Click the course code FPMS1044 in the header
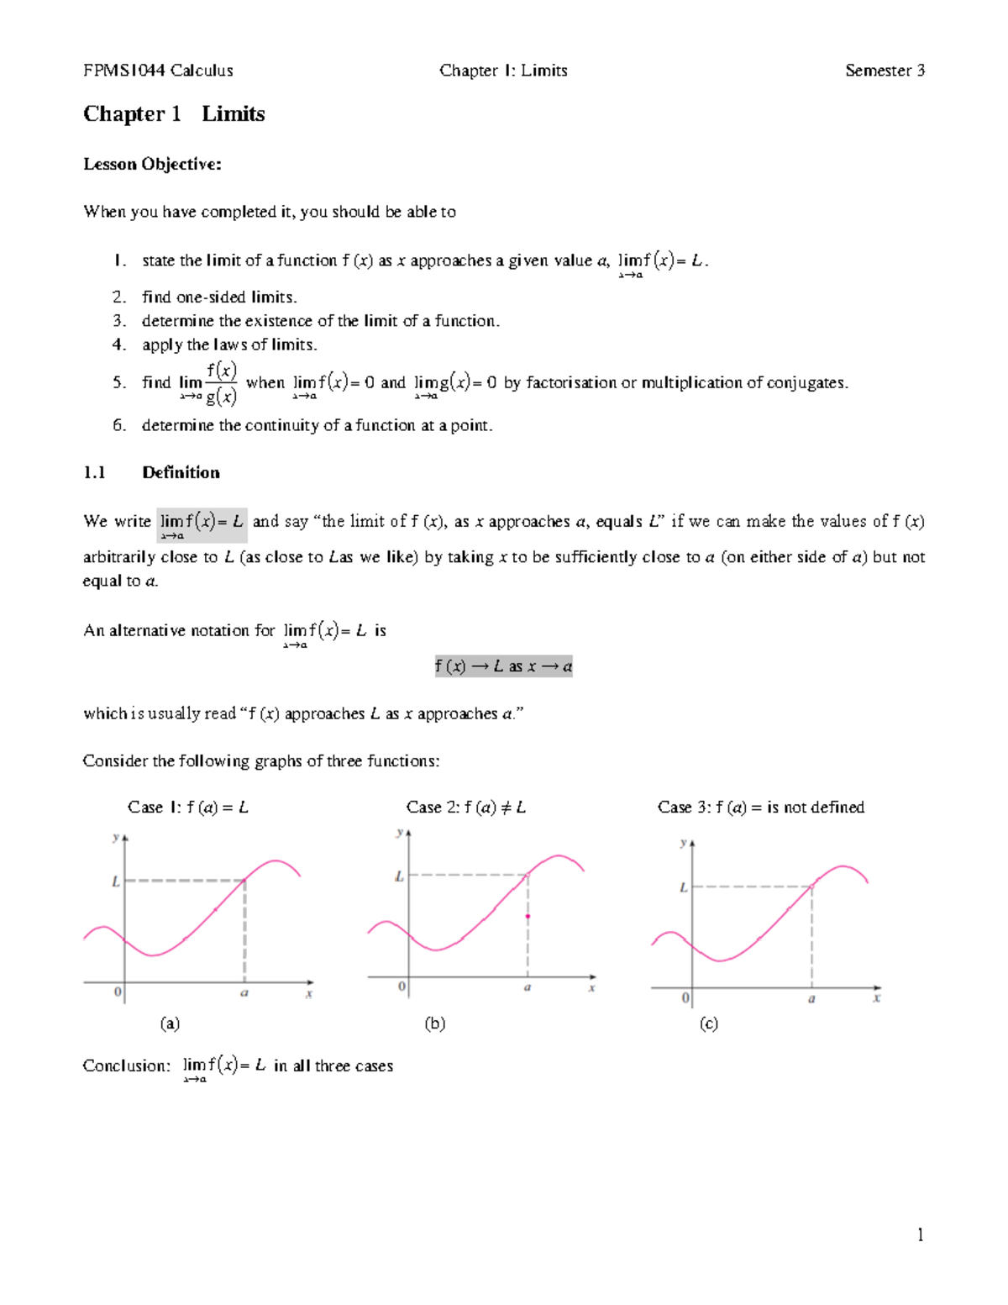[x=124, y=71]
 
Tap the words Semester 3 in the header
[x=885, y=71]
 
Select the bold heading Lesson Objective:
[x=152, y=164]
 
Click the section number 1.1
[x=94, y=472]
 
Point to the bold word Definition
[x=181, y=472]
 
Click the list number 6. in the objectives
[x=119, y=425]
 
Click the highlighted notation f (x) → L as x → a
[x=503, y=666]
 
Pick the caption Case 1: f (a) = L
[x=187, y=807]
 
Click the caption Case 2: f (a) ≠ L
[x=465, y=807]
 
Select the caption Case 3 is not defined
[x=760, y=807]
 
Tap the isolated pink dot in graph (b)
[x=528, y=916]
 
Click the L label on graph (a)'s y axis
[x=116, y=881]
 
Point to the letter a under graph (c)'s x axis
[x=811, y=999]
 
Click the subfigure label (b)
[x=434, y=1023]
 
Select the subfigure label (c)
[x=709, y=1023]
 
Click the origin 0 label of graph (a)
[x=118, y=992]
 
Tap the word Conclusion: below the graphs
[x=126, y=1066]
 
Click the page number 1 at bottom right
[x=921, y=1234]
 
